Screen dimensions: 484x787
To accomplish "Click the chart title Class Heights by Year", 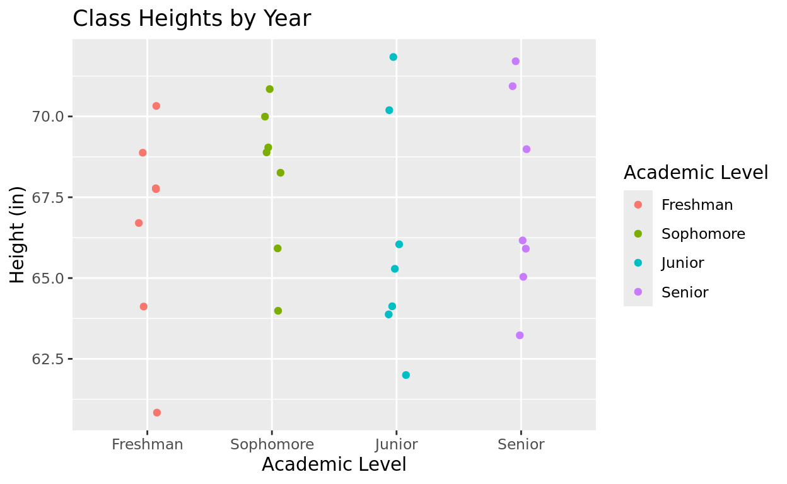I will [x=192, y=19].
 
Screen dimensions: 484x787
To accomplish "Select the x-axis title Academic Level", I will [x=334, y=464].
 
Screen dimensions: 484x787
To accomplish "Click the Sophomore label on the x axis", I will [x=272, y=444].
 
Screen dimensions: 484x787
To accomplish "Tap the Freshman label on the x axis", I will [x=148, y=444].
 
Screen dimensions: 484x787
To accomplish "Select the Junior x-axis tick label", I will [x=396, y=444].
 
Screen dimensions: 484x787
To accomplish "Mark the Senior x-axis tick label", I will [x=521, y=444].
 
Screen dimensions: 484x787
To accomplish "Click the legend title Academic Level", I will [x=696, y=173].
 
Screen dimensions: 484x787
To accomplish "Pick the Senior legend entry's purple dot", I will [x=638, y=292].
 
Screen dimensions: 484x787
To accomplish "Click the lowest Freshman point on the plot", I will [x=157, y=413].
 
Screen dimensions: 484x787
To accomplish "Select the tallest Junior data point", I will [x=393, y=57].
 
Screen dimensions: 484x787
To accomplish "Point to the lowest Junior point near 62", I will [x=406, y=375].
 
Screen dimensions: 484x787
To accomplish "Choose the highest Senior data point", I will [x=516, y=61].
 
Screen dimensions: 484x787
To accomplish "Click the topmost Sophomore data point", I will [x=270, y=89].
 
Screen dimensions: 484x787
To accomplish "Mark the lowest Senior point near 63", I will [x=520, y=335].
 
